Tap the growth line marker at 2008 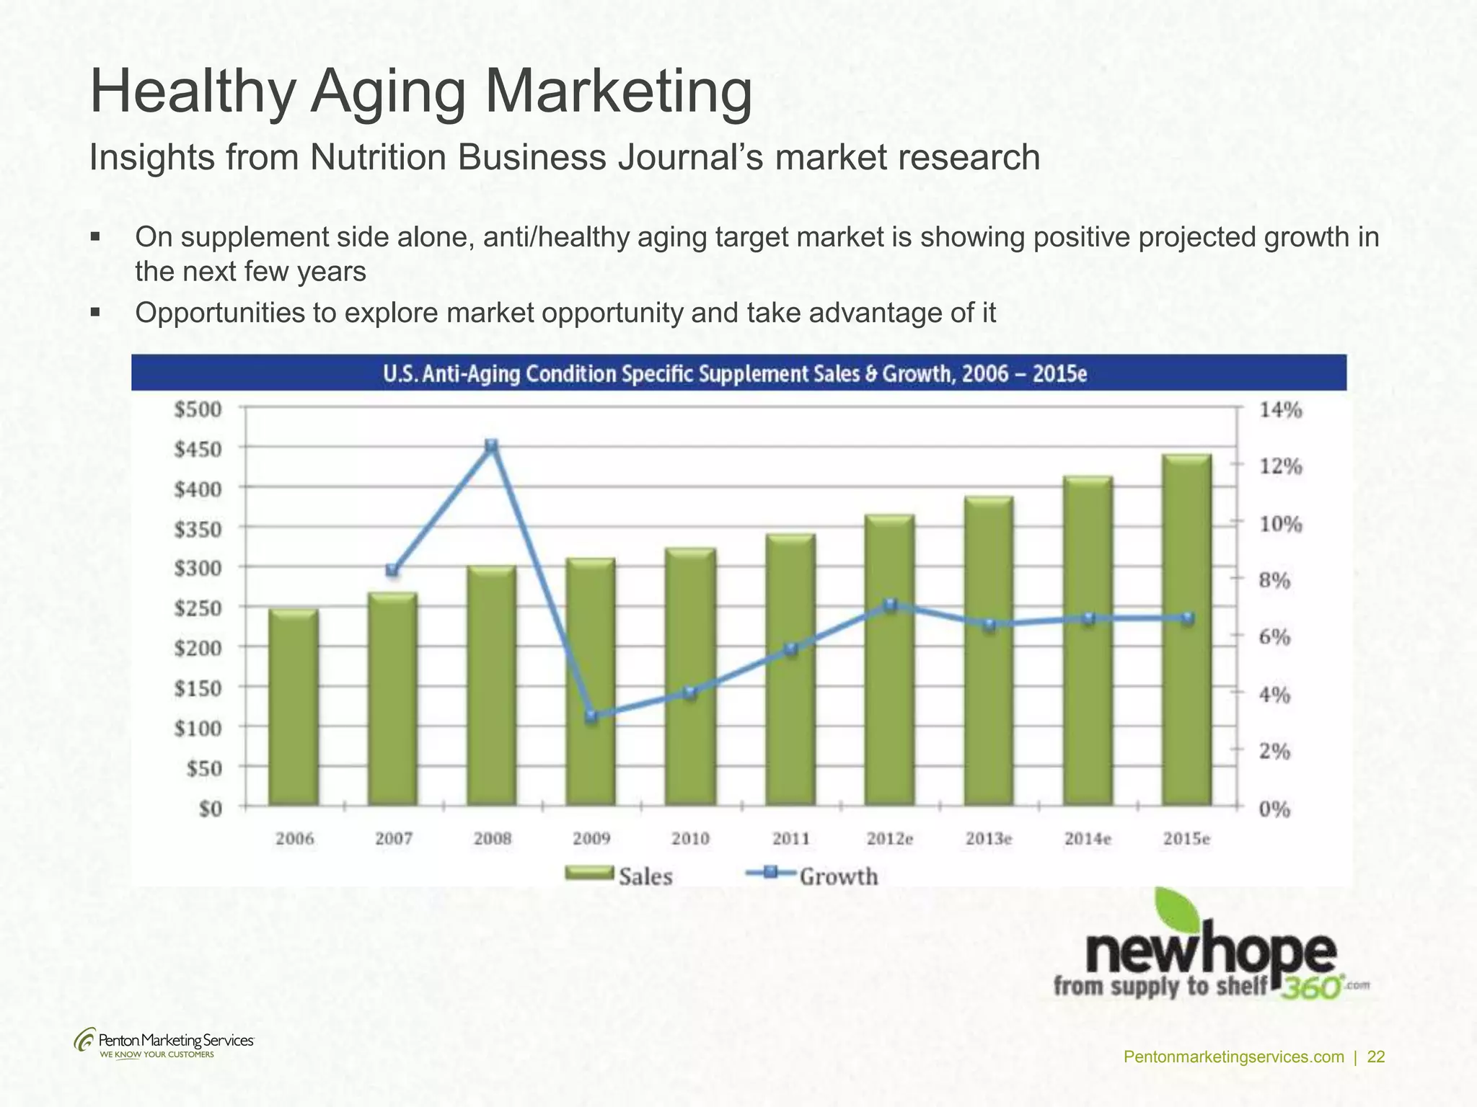(x=491, y=446)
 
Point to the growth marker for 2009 (x=591, y=716)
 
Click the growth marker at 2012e (x=890, y=605)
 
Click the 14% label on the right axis (x=1280, y=411)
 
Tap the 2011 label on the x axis (x=790, y=839)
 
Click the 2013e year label (x=989, y=839)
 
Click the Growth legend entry (x=812, y=876)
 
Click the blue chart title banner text (x=734, y=374)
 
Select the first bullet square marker (x=95, y=236)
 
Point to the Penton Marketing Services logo (x=164, y=1043)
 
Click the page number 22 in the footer (x=1376, y=1057)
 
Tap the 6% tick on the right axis (x=1274, y=637)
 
